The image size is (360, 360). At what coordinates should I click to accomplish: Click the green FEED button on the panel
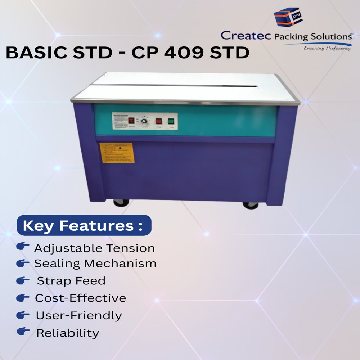[x=171, y=121]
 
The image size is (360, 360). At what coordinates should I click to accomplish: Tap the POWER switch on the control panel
[x=131, y=121]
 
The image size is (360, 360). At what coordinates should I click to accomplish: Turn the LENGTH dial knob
[x=145, y=121]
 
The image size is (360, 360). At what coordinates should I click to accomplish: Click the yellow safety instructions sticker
[x=117, y=153]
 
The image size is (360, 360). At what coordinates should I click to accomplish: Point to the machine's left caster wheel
[x=121, y=203]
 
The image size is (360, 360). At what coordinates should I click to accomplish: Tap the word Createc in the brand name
[x=246, y=36]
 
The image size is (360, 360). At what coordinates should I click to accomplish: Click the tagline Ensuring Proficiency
[x=327, y=48]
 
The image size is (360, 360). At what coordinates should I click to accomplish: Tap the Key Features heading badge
[x=84, y=226]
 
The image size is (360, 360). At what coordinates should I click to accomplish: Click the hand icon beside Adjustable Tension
[x=23, y=247]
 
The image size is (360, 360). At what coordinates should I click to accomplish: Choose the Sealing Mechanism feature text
[x=95, y=264]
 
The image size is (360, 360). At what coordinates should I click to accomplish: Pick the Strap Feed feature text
[x=71, y=281]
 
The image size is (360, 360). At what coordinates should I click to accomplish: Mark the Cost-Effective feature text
[x=80, y=298]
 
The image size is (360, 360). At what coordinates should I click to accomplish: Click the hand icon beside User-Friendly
[x=23, y=315]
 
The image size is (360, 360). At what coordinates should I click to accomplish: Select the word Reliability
[x=67, y=333]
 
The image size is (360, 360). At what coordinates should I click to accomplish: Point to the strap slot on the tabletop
[x=175, y=85]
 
